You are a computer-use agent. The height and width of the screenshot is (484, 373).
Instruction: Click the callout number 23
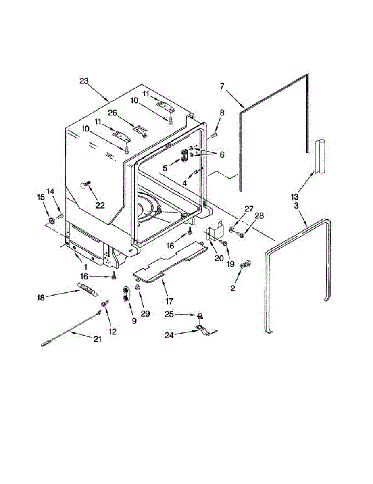tap(83, 81)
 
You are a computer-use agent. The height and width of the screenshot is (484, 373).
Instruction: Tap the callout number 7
tap(222, 86)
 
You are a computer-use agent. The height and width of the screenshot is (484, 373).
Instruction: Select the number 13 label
tap(295, 196)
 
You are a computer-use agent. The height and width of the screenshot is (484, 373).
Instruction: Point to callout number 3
tap(296, 206)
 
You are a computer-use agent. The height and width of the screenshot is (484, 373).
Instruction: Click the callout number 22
tap(100, 205)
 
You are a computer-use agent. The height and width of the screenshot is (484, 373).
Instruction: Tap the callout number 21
tap(97, 339)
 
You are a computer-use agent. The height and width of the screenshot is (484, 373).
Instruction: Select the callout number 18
tap(40, 297)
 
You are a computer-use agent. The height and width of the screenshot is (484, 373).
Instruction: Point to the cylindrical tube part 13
tap(319, 155)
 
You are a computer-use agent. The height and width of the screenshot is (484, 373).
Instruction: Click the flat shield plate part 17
tap(169, 262)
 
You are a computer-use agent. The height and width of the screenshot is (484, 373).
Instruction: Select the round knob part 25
tap(199, 315)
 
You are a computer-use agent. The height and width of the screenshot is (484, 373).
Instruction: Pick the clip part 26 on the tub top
tap(140, 130)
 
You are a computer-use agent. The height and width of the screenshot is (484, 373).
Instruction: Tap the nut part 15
tap(52, 220)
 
